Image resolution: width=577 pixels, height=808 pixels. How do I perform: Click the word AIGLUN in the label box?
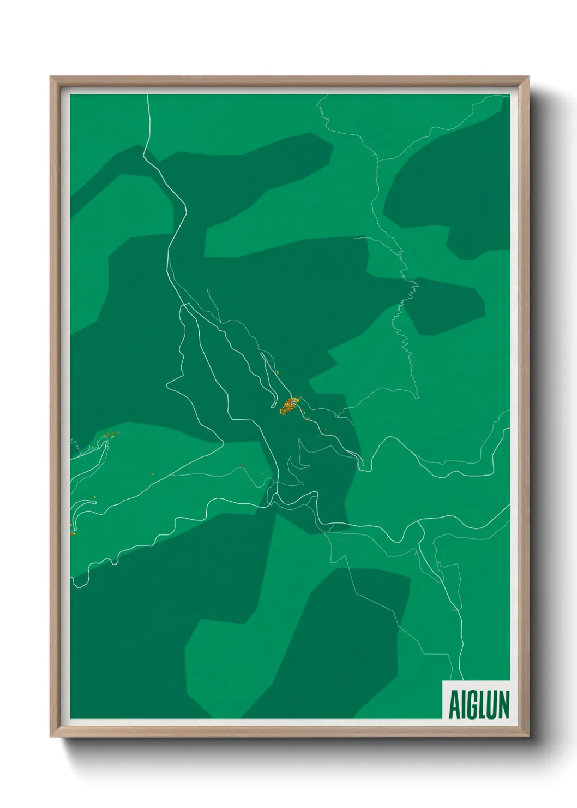(x=478, y=704)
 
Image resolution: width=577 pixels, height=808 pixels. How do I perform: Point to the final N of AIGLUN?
(x=503, y=704)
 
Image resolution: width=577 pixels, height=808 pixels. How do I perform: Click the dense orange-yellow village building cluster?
(x=288, y=406)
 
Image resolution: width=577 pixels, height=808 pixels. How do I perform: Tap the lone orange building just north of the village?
(x=278, y=372)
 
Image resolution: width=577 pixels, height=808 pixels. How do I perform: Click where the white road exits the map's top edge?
(x=148, y=96)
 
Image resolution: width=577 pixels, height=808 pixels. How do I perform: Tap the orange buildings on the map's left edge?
(x=71, y=527)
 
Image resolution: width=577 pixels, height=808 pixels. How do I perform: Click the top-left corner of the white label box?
(x=443, y=681)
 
